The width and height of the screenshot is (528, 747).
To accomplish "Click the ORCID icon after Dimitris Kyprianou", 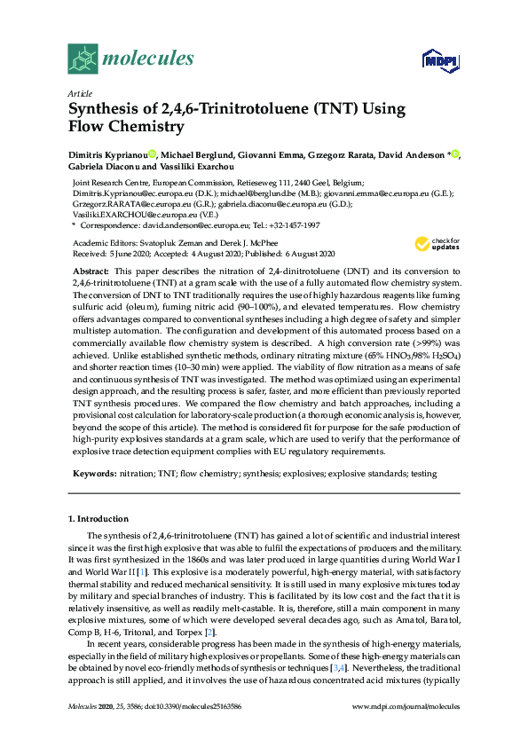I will [153, 155].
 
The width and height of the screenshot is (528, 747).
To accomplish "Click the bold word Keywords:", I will [93, 474].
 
